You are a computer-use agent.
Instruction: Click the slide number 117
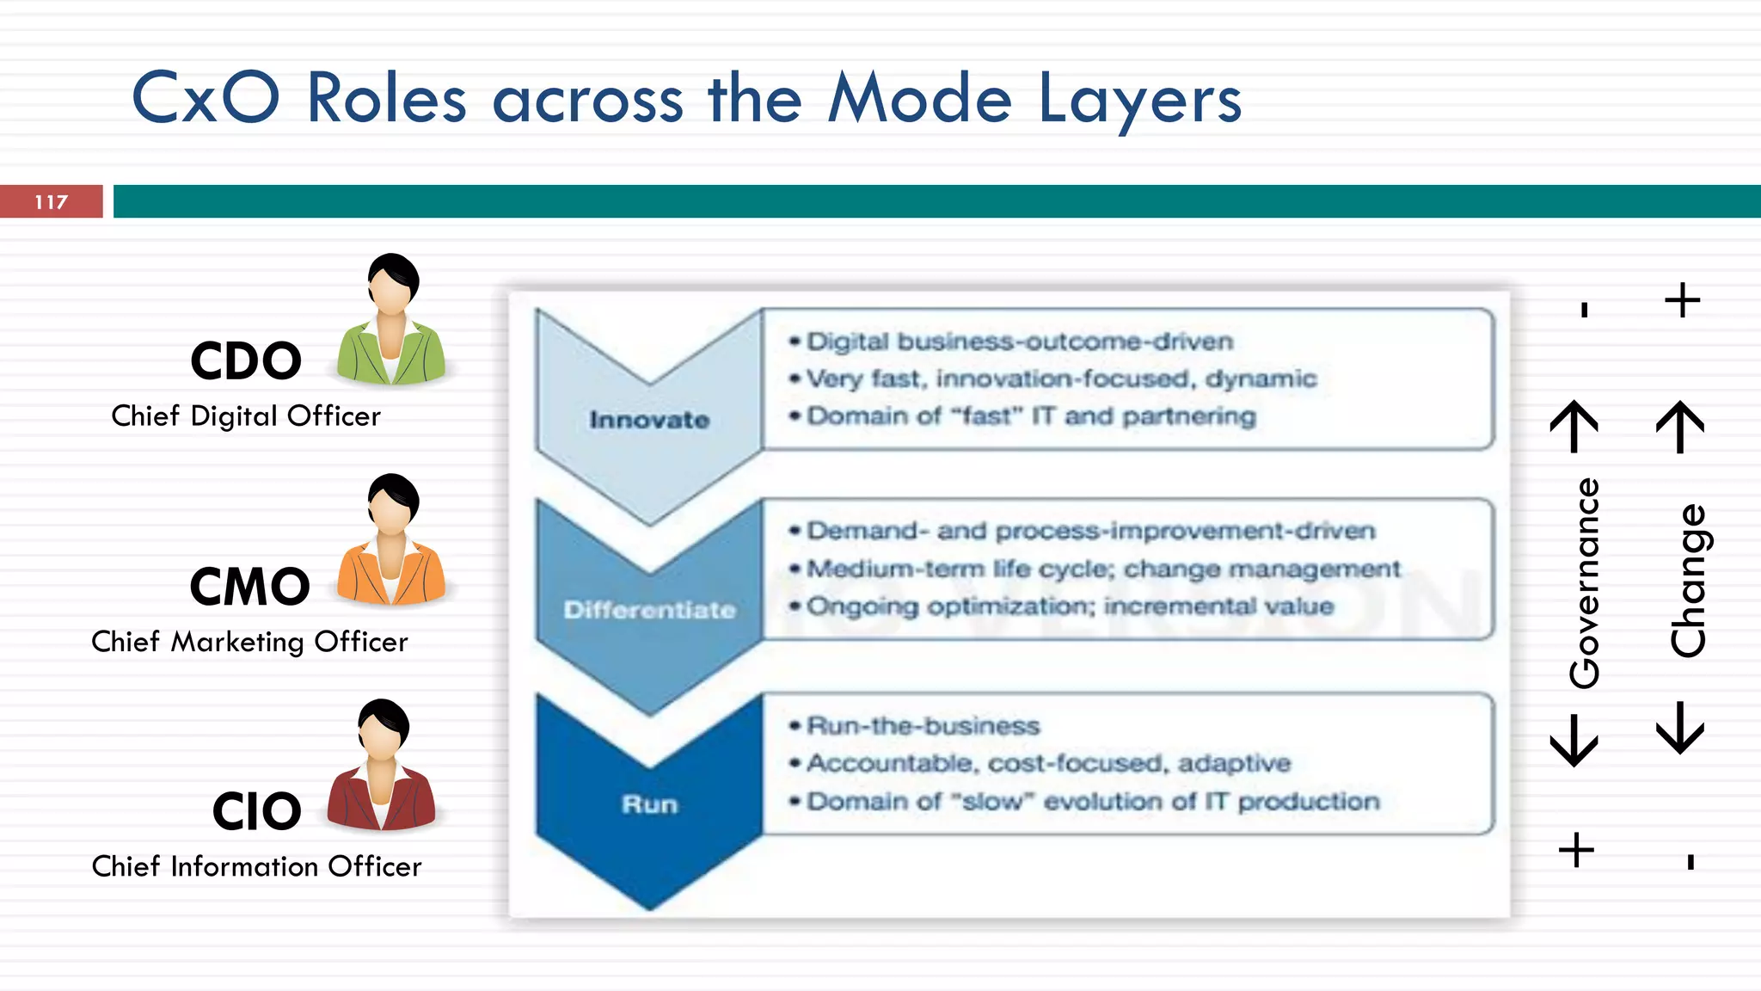pyautogui.click(x=51, y=202)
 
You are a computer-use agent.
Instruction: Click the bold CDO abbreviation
pyautogui.click(x=246, y=361)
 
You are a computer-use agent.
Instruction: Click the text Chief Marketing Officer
pyautogui.click(x=249, y=642)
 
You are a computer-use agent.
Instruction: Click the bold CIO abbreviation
pyautogui.click(x=256, y=811)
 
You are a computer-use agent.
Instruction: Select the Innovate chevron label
pyautogui.click(x=649, y=420)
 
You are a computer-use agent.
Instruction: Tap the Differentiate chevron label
pyautogui.click(x=649, y=610)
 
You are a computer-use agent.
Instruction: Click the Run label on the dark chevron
pyautogui.click(x=649, y=804)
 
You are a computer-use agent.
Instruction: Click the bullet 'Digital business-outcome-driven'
pyautogui.click(x=1019, y=342)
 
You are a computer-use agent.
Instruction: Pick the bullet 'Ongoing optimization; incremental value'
pyautogui.click(x=1069, y=606)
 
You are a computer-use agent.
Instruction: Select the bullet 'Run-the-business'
pyautogui.click(x=923, y=726)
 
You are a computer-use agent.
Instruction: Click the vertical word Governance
pyautogui.click(x=1584, y=583)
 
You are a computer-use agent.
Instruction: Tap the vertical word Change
pyautogui.click(x=1687, y=581)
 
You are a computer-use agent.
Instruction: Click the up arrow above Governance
pyautogui.click(x=1574, y=426)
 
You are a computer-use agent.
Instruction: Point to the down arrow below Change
pyautogui.click(x=1680, y=728)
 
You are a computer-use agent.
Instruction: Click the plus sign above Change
pyautogui.click(x=1682, y=300)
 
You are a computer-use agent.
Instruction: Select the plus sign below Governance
pyautogui.click(x=1576, y=850)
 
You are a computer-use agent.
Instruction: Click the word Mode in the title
pyautogui.click(x=919, y=99)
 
